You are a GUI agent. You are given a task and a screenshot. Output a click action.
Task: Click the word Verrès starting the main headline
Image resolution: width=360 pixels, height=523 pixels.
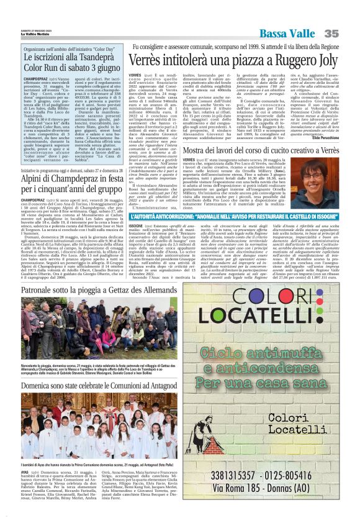(146, 61)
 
